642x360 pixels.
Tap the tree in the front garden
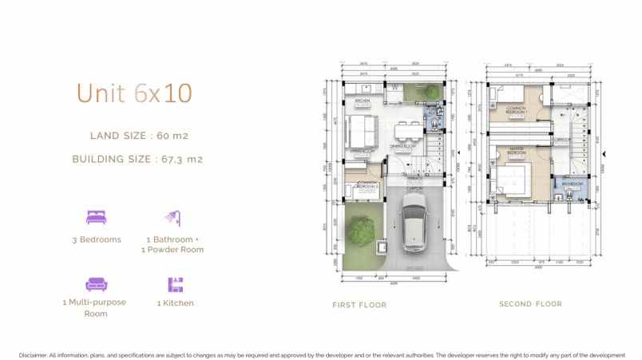pos(362,231)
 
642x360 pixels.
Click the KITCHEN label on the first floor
pos(362,102)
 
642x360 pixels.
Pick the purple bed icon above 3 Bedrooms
pos(96,216)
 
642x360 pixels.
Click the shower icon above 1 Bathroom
pos(172,217)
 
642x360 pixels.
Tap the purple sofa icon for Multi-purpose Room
pos(94,283)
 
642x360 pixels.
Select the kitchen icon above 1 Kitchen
pos(175,284)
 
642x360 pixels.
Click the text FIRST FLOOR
pos(359,305)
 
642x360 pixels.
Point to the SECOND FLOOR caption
pos(530,304)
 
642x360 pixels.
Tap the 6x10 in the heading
pos(163,93)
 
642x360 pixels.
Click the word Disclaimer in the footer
pos(32,354)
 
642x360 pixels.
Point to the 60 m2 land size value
pos(172,136)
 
